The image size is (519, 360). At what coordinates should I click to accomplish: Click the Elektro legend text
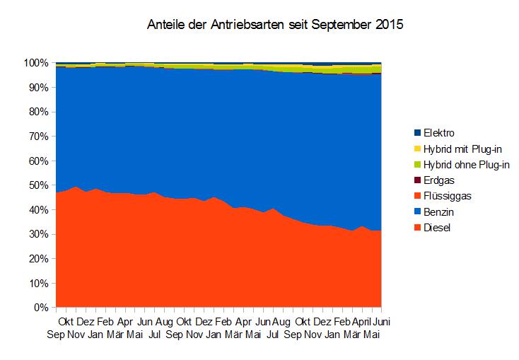coord(439,132)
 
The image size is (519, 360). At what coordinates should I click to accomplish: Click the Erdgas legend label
coord(440,180)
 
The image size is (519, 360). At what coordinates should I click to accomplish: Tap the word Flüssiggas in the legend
coord(448,196)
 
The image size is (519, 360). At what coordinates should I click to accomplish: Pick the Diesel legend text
coord(438,228)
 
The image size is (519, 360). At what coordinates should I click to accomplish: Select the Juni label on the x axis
coord(382,322)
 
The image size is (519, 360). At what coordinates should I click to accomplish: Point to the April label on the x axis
coord(361,322)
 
